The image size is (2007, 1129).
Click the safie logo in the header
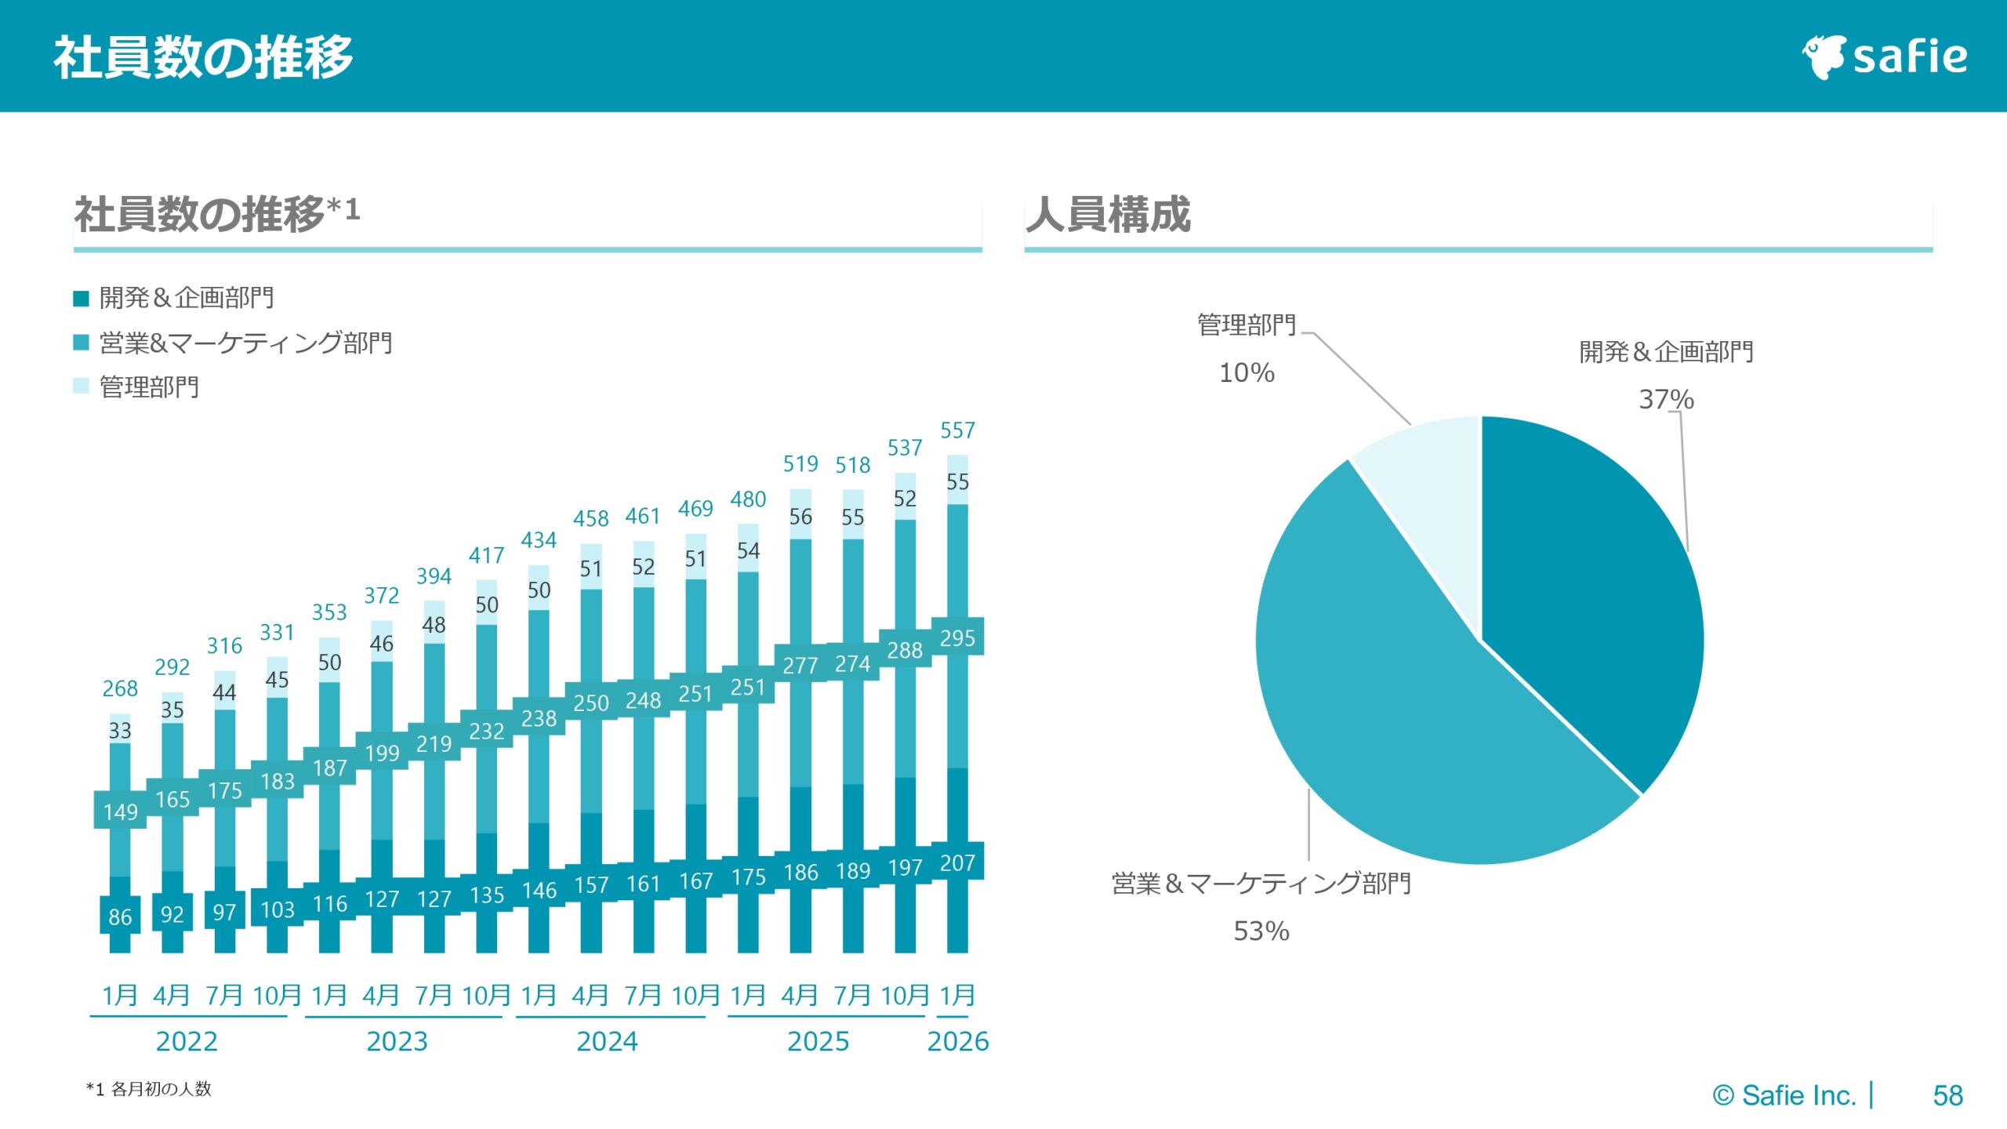click(x=1885, y=57)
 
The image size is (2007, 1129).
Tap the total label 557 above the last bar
click(x=957, y=430)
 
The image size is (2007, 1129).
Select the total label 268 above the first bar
click(x=120, y=688)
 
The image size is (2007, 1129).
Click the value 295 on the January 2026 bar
click(x=957, y=638)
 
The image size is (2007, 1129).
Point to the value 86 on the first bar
click(x=120, y=917)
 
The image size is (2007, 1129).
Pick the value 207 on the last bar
click(x=957, y=863)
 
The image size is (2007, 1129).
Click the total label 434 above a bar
click(x=539, y=540)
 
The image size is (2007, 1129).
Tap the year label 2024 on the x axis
click(x=607, y=1041)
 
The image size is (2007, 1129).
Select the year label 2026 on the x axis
click(x=957, y=1041)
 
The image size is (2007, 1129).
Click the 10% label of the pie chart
click(x=1247, y=372)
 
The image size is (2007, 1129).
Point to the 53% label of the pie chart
click(x=1261, y=931)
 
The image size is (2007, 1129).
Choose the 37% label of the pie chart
click(x=1666, y=399)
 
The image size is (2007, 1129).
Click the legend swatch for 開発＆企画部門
click(x=81, y=298)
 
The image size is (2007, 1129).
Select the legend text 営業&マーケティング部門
click(x=245, y=343)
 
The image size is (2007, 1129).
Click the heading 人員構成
click(x=1108, y=214)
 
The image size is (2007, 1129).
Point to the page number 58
click(x=1947, y=1095)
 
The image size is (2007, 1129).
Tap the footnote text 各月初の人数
click(x=161, y=1089)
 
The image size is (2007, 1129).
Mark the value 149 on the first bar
click(x=120, y=811)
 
